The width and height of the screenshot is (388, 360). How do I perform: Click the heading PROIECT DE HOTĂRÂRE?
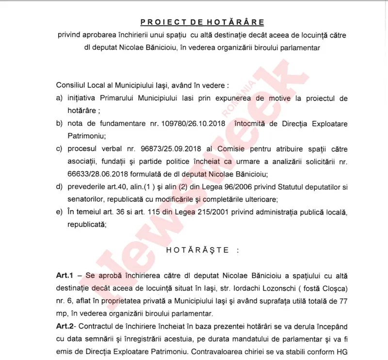(x=202, y=22)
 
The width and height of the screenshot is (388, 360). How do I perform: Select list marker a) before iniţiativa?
(x=59, y=98)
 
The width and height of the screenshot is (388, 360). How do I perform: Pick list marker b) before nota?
(x=59, y=124)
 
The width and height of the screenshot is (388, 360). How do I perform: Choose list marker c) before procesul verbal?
(x=59, y=149)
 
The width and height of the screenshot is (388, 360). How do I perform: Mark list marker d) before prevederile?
(x=59, y=187)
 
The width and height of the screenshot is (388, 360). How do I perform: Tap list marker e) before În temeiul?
(x=59, y=212)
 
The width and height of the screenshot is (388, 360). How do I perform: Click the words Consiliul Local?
(x=82, y=85)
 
